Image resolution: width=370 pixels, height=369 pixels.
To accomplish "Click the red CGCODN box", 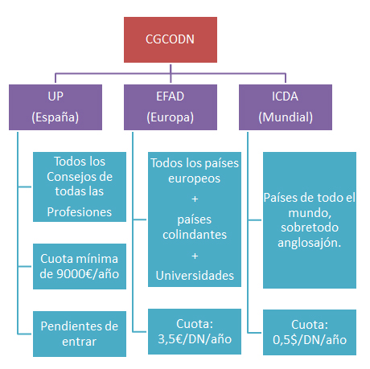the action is pyautogui.click(x=171, y=39).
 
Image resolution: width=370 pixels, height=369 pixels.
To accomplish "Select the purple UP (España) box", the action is pyautogui.click(x=55, y=107).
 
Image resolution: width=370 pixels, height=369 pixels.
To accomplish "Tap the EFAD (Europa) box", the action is pyautogui.click(x=171, y=107).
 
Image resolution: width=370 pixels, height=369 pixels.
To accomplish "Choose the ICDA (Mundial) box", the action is pyautogui.click(x=286, y=107).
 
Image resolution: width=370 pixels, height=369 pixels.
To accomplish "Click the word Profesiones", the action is pyautogui.click(x=80, y=212).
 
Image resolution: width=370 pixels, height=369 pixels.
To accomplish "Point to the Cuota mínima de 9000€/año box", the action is pyautogui.click(x=80, y=266).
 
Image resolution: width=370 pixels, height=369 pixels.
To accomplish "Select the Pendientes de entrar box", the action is pyautogui.click(x=80, y=334).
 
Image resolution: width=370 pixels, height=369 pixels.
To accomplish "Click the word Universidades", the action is pyautogui.click(x=195, y=276).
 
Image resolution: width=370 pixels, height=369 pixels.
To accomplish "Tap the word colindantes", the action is pyautogui.click(x=195, y=235).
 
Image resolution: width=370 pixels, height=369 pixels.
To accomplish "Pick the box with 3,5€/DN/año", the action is pyautogui.click(x=195, y=331).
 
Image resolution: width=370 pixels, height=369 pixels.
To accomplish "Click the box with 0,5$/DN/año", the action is pyautogui.click(x=310, y=332).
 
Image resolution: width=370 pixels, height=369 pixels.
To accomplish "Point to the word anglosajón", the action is pyautogui.click(x=309, y=243).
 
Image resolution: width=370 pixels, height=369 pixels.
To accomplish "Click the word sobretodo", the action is pyautogui.click(x=310, y=228).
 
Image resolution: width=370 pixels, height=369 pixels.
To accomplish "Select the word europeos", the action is pyautogui.click(x=195, y=179).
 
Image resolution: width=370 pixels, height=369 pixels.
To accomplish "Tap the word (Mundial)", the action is pyautogui.click(x=286, y=117).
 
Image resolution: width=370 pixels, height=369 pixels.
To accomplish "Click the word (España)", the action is pyautogui.click(x=55, y=117).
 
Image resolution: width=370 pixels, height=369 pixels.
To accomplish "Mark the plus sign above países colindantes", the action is pyautogui.click(x=195, y=199).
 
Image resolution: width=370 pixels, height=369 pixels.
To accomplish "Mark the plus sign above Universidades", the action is pyautogui.click(x=195, y=256).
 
